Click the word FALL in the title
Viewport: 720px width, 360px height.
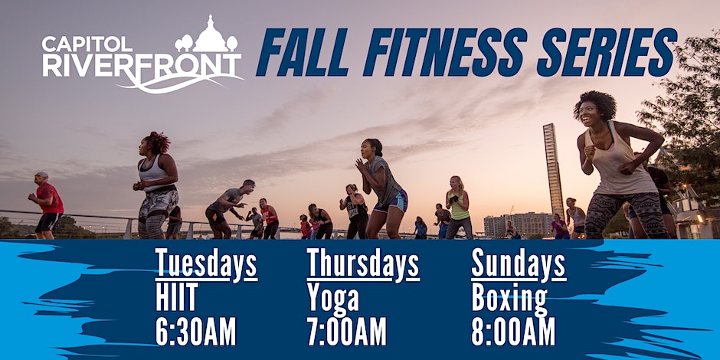coord(303,52)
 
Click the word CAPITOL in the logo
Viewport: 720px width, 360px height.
coord(87,44)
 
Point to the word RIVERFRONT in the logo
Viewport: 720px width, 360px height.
coord(142,65)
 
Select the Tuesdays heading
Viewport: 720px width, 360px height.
coord(206,263)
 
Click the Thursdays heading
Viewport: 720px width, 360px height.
coord(363,263)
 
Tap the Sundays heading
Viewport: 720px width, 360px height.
coord(519,263)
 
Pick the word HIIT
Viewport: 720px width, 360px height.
coord(177,297)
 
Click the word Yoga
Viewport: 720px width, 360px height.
coord(333,299)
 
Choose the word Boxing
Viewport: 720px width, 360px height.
coord(509,299)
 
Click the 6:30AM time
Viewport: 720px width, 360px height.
coord(195,331)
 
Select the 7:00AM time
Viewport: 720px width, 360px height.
coord(347,331)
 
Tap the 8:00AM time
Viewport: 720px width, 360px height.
coord(513,331)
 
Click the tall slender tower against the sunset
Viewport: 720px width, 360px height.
coord(553,169)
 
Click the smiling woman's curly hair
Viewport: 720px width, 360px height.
coord(595,105)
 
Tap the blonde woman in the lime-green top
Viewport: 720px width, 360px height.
coord(458,207)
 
